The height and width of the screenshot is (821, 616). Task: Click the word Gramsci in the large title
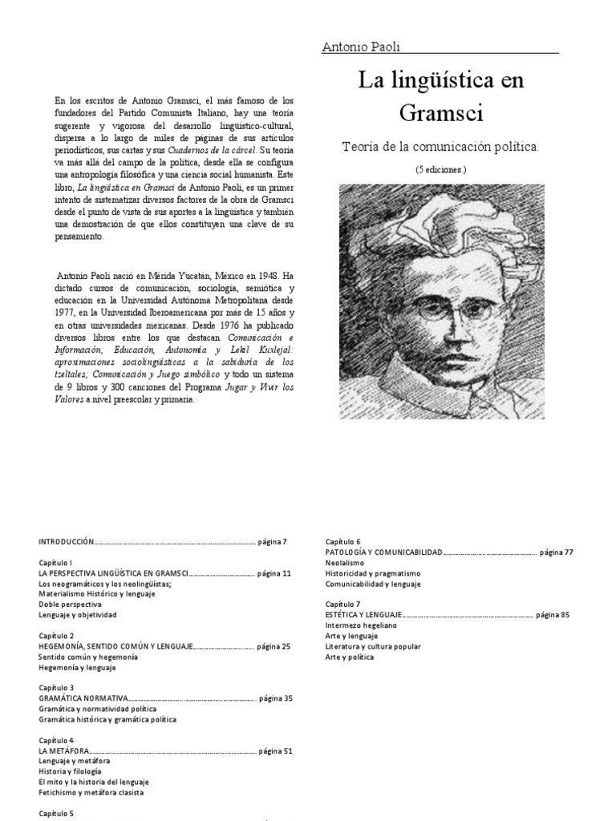point(440,113)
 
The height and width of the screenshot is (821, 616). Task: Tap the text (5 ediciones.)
point(441,170)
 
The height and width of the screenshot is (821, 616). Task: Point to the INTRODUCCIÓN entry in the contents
point(67,542)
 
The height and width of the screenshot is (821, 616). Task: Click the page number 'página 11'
point(274,574)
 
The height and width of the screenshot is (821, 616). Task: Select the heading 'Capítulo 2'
point(56,635)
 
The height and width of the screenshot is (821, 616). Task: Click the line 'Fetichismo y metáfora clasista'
point(93,792)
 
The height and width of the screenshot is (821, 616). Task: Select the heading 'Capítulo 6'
point(342,542)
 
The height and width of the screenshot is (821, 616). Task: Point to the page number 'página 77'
point(557,552)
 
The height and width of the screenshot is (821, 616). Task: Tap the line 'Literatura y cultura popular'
point(372,645)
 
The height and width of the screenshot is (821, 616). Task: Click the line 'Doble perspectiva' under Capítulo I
point(70,605)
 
